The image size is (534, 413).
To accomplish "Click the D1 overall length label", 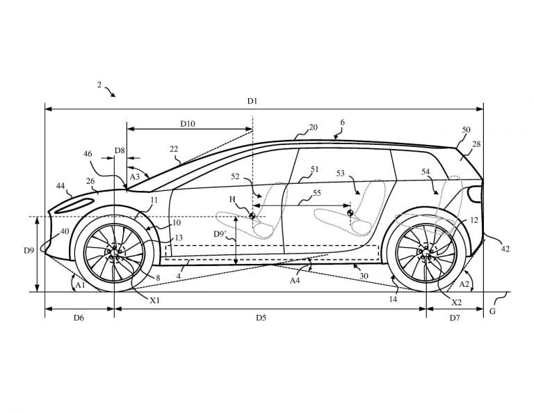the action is click(252, 101).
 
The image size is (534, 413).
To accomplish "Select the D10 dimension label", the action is click(188, 123).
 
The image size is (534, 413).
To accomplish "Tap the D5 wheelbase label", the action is click(261, 318).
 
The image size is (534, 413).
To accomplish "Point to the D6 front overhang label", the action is click(79, 318).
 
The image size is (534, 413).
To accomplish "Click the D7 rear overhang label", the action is click(455, 318).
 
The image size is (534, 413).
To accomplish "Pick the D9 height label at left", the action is click(29, 250).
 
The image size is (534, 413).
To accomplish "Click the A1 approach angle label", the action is click(81, 285).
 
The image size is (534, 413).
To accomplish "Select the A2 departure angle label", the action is click(464, 283).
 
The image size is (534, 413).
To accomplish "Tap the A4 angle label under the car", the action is click(295, 281).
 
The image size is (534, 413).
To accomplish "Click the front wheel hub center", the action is click(114, 253).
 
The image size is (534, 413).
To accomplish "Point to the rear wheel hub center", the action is click(426, 252).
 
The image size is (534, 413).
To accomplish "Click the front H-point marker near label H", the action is click(252, 215).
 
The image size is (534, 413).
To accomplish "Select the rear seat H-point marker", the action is click(350, 214).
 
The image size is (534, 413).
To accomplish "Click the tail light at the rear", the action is click(475, 194).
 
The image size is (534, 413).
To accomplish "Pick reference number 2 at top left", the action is click(99, 84).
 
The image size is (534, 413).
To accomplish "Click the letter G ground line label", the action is click(492, 311).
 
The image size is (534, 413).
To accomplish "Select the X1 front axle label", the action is click(155, 300).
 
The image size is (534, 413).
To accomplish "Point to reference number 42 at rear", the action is click(505, 249).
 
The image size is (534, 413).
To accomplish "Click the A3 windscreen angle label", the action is click(135, 176).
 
